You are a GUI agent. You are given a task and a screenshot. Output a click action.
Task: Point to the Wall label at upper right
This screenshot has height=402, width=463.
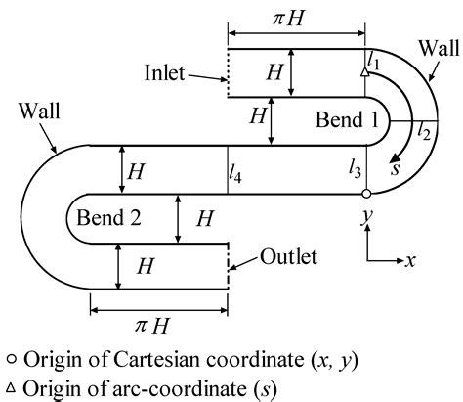(x=434, y=47)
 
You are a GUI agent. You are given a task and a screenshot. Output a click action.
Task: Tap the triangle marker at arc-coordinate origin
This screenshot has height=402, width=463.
(x=364, y=72)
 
